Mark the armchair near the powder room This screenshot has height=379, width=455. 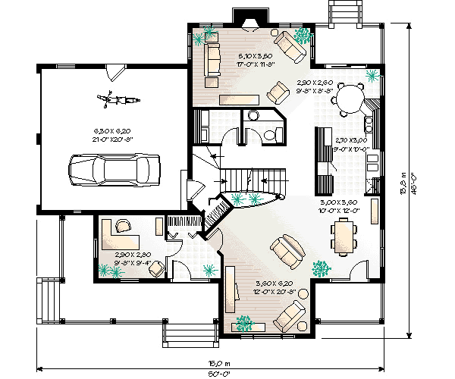pos(279,92)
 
